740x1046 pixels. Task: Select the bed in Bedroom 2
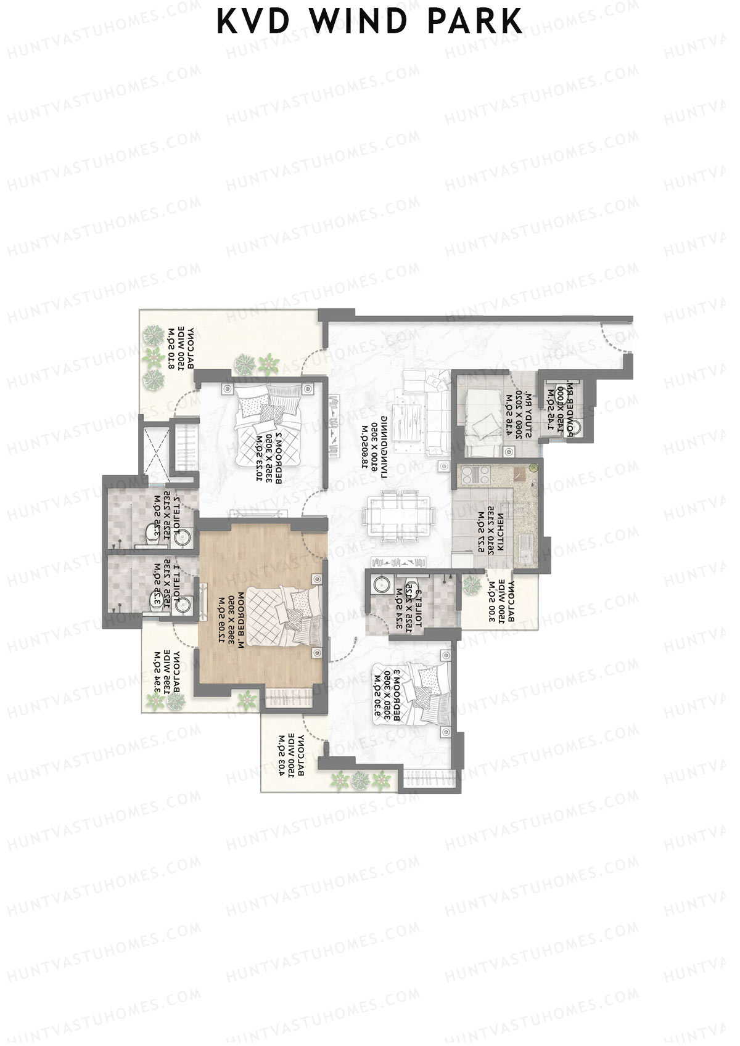(x=272, y=420)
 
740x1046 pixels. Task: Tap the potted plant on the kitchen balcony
(x=472, y=583)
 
